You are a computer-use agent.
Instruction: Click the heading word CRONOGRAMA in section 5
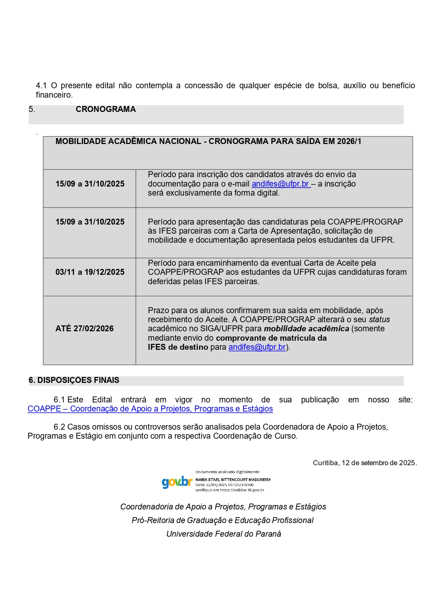click(105, 109)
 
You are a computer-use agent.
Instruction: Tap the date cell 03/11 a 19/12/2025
click(90, 272)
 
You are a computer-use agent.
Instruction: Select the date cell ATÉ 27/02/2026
click(84, 328)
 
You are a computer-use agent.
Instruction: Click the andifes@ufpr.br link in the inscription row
click(281, 184)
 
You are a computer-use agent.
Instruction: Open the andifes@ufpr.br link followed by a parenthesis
click(257, 347)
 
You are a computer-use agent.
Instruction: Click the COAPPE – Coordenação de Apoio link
click(150, 409)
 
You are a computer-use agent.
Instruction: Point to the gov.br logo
click(177, 482)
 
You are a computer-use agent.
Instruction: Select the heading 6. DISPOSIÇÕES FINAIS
click(74, 380)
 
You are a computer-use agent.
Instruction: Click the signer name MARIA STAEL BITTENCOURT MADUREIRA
click(233, 480)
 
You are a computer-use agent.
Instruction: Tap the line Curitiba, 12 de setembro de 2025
click(365, 463)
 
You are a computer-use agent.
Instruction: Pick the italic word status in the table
click(379, 320)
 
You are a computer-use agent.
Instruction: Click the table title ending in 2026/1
click(208, 142)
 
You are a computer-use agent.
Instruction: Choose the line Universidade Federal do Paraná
click(224, 534)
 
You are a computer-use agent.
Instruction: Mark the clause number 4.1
click(41, 86)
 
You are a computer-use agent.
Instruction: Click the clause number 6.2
click(59, 427)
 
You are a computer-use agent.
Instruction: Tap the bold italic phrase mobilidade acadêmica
click(306, 329)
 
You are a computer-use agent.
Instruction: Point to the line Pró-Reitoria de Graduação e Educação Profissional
click(223, 521)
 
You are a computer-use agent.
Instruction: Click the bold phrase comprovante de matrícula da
click(271, 338)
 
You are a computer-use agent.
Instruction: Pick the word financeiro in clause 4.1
click(54, 95)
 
